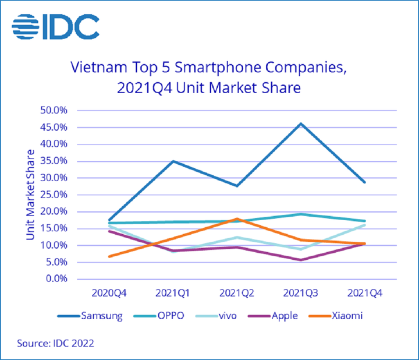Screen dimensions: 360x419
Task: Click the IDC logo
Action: pos(55,27)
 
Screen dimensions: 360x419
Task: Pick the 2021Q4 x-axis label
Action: pos(364,290)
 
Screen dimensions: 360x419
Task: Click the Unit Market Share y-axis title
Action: pos(30,195)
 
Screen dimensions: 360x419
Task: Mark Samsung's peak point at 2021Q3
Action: pos(300,123)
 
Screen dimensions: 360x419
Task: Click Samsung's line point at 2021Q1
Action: pos(173,161)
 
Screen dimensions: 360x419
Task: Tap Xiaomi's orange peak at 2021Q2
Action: pos(236,218)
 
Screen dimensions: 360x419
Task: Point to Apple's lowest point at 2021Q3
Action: pos(300,260)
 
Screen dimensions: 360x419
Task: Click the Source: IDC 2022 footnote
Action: pos(55,343)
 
